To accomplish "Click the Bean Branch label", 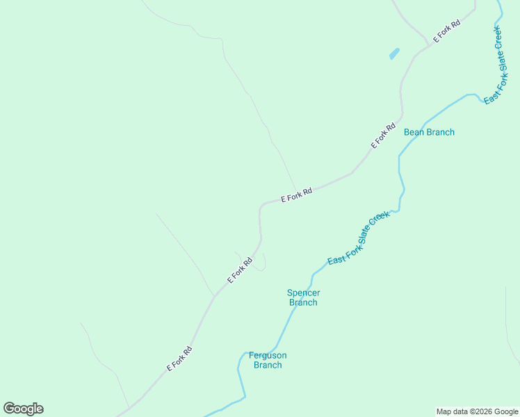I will [x=429, y=132].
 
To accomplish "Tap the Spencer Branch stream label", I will [x=303, y=297].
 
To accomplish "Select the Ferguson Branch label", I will [x=268, y=360].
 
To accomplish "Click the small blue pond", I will [x=394, y=54].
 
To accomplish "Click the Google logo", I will [x=23, y=409].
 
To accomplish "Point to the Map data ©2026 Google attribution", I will [x=477, y=411].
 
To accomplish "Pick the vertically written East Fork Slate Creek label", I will [x=494, y=64].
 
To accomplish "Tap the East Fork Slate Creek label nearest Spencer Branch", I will [x=359, y=238].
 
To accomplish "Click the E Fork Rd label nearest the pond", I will [x=447, y=32].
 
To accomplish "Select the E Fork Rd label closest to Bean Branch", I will [x=383, y=136].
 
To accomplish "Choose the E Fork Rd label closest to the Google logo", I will [x=179, y=359].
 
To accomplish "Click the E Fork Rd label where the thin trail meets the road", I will [x=297, y=194].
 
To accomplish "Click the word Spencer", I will [x=303, y=293].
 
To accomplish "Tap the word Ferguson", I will [x=268, y=355].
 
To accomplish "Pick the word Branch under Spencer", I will [x=303, y=302].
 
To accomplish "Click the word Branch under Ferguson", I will [x=268, y=365].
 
